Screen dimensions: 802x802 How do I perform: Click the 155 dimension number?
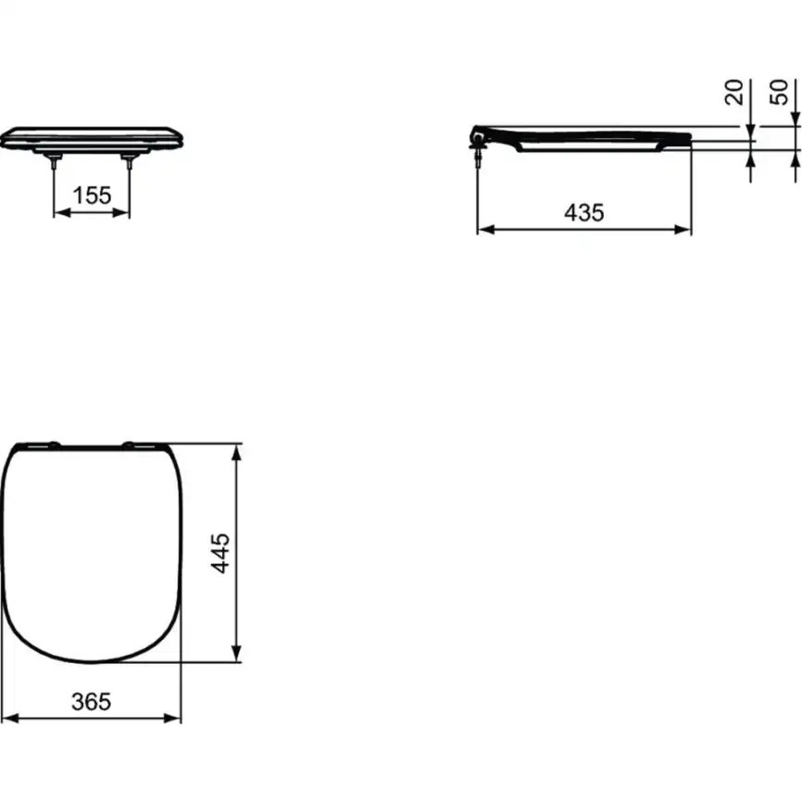point(92,194)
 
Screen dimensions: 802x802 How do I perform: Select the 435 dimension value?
point(584,212)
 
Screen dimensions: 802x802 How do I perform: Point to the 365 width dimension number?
point(92,701)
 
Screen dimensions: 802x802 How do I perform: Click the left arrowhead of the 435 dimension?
point(483,229)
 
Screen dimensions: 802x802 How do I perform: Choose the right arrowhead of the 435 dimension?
point(684,229)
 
